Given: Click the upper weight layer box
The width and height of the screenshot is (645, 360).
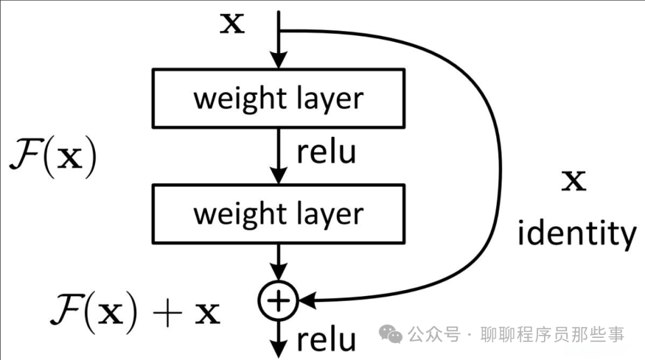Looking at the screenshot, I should click(x=278, y=99).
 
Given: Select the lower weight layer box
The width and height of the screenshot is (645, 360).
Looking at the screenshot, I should click(x=278, y=214).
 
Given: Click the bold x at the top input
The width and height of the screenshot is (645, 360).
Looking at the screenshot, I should click(x=233, y=24).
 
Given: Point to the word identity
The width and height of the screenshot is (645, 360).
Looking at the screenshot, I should click(x=576, y=235).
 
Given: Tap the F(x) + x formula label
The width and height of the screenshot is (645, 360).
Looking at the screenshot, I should click(x=134, y=311).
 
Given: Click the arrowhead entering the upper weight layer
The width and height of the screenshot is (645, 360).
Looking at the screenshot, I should click(x=278, y=60).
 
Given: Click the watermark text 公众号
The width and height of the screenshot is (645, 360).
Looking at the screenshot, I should click(x=435, y=336).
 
